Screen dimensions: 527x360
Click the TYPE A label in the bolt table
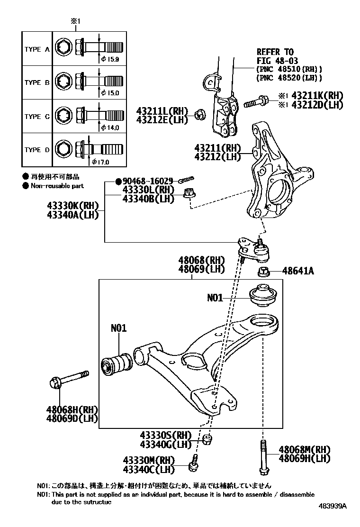[37, 49]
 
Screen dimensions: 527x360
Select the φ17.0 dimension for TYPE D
[100, 162]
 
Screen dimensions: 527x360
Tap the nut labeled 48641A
[264, 272]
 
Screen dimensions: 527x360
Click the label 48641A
[298, 272]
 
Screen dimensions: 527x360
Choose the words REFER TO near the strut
[275, 52]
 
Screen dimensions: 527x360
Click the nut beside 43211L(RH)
[199, 114]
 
